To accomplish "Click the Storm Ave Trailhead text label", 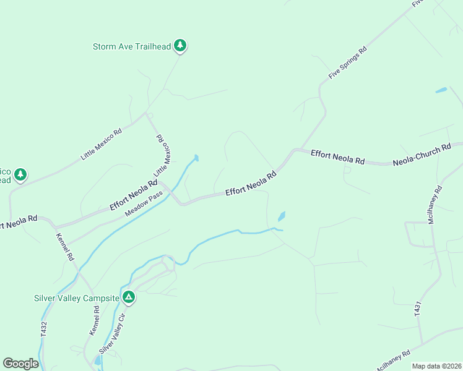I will click(131, 46).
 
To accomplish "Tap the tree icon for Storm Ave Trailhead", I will click(180, 45).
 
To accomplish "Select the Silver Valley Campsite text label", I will click(76, 298).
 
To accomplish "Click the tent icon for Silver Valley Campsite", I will click(129, 297).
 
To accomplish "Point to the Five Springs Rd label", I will click(348, 62).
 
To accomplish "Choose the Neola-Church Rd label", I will click(422, 156).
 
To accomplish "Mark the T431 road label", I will click(418, 310).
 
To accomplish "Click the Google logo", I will click(20, 364).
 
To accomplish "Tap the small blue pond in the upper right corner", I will click(441, 91).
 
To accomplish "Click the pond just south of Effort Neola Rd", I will click(282, 216).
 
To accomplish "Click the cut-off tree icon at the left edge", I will click(20, 174).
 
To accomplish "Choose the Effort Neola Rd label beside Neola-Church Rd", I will click(337, 156).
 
